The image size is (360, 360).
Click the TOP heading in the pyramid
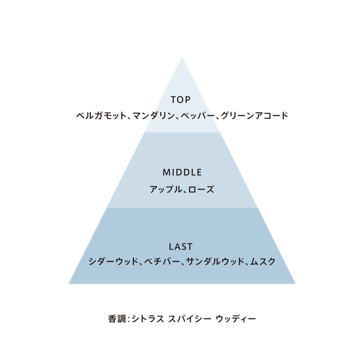point(180,100)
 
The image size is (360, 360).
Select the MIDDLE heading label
point(182,172)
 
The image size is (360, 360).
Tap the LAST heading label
point(180,247)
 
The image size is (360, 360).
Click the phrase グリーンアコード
point(254,115)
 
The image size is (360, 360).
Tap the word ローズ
point(201,190)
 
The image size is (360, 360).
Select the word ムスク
point(263,262)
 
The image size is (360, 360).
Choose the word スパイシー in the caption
point(189,319)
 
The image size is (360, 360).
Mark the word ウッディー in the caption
point(236,319)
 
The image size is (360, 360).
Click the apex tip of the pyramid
point(182,57)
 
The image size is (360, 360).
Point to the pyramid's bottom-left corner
point(69,284)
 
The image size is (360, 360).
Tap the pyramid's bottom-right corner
point(295,284)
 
